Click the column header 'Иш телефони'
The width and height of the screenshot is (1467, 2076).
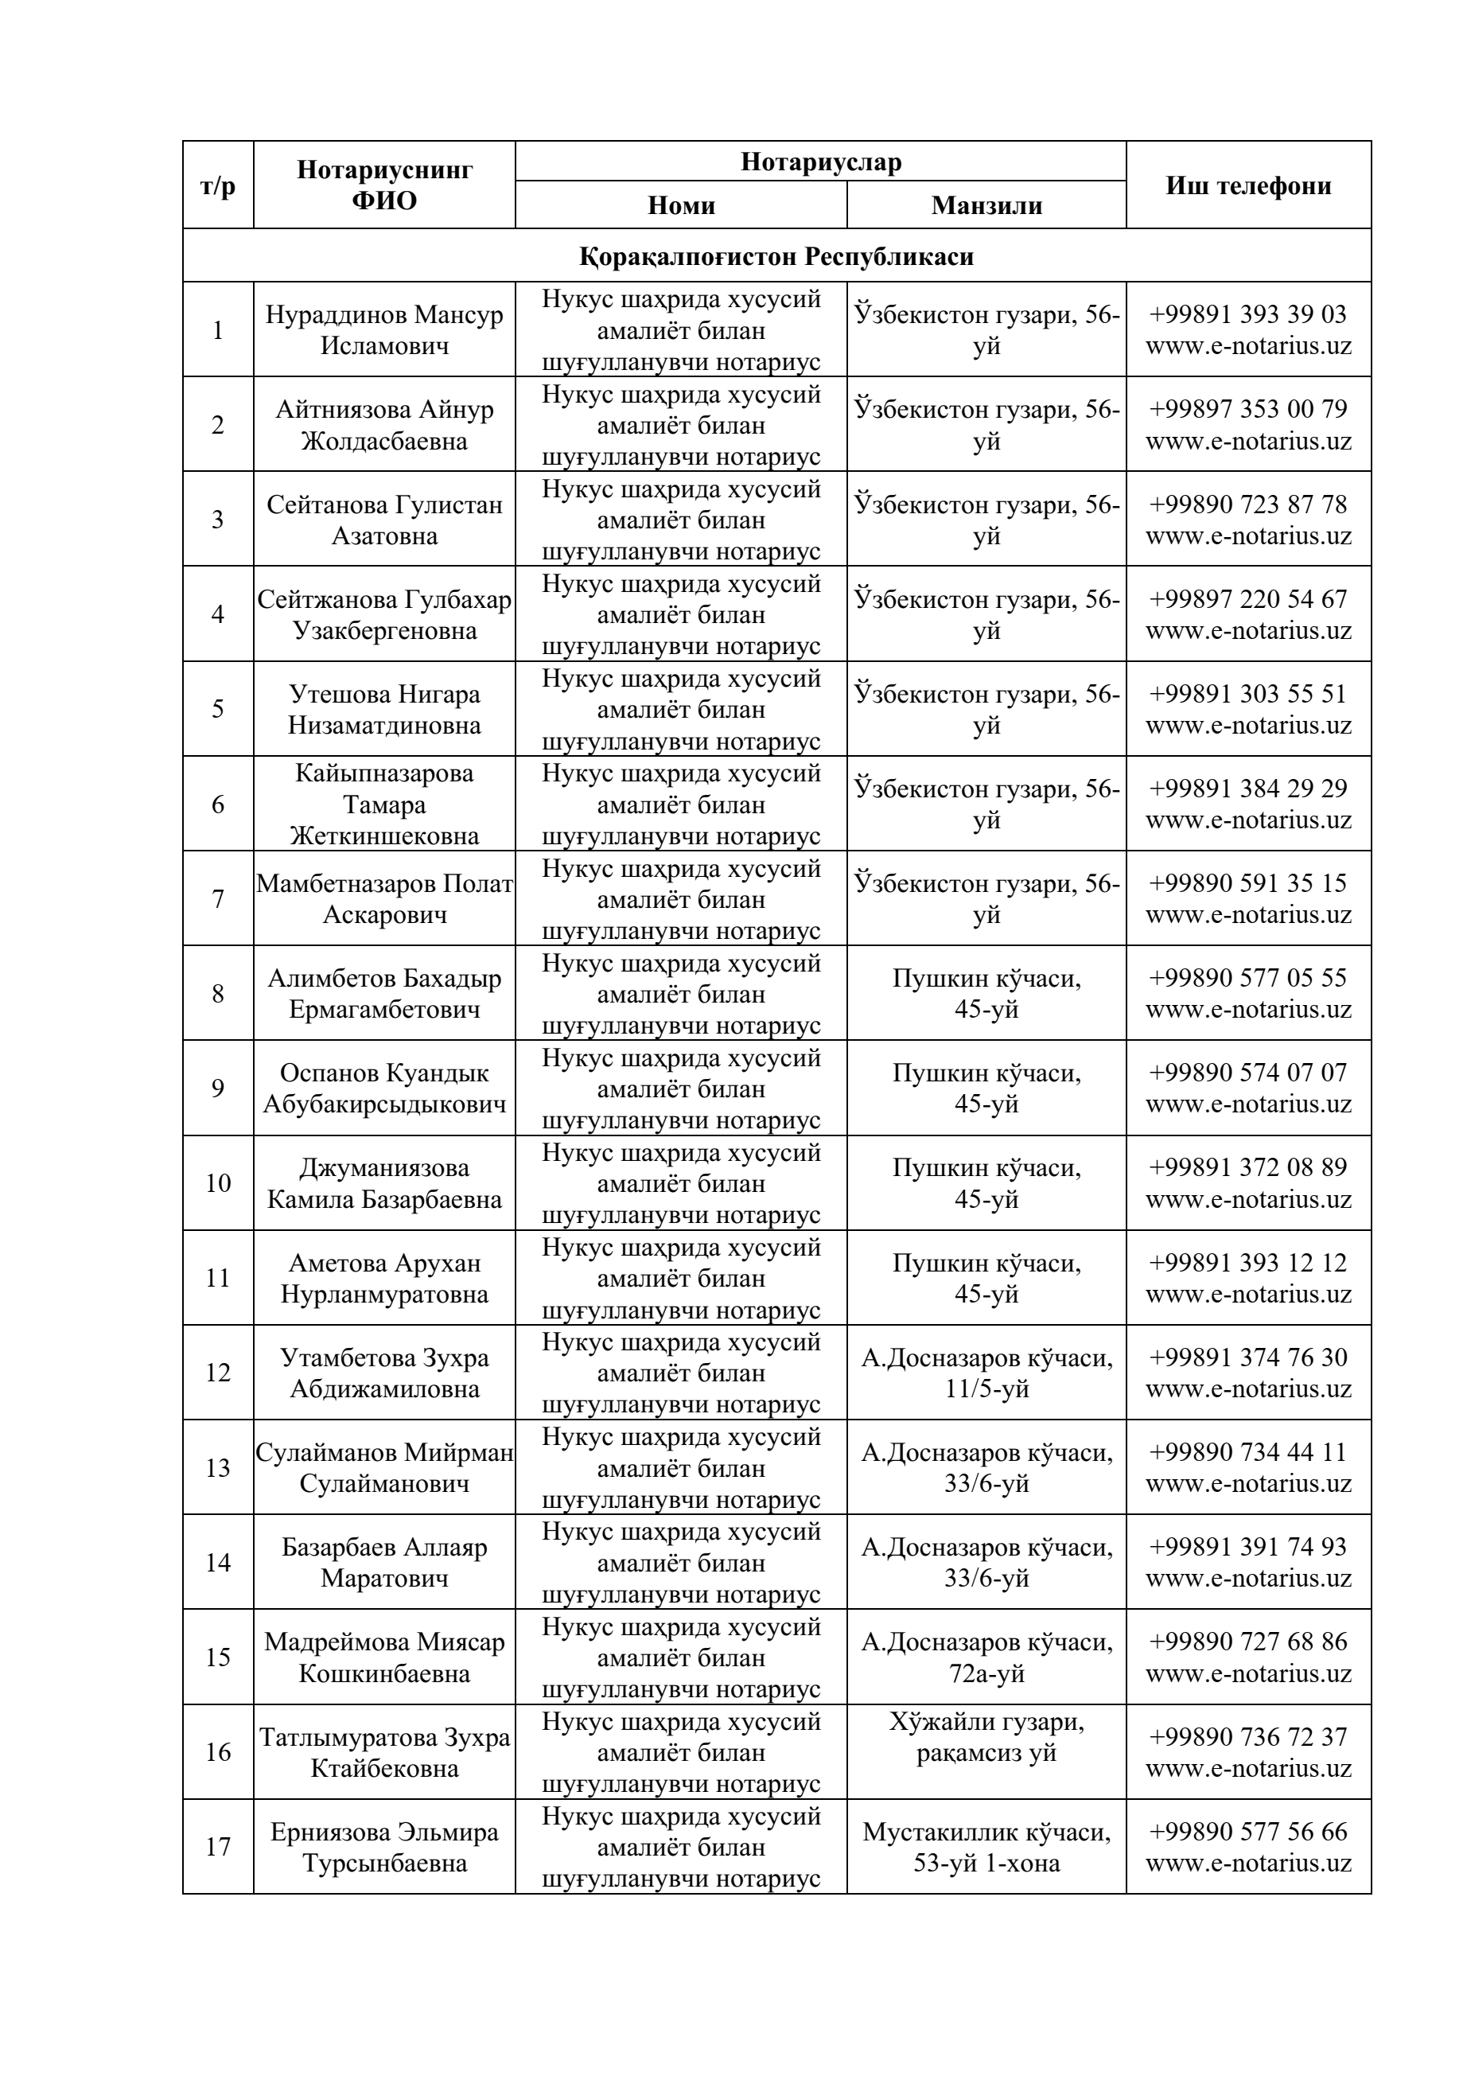click(1247, 185)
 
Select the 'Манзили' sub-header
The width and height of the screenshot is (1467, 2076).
click(986, 205)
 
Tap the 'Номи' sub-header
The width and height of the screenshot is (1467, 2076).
click(681, 205)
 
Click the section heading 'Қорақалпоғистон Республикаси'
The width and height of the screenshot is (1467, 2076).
click(776, 256)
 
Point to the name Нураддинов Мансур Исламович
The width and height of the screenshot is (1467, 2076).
click(384, 330)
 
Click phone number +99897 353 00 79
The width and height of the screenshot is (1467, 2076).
click(1247, 409)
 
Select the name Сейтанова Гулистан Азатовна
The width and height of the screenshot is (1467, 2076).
click(384, 520)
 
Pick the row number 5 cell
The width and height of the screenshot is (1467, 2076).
click(218, 709)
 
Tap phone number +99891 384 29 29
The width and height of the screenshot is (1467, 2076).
click(1247, 789)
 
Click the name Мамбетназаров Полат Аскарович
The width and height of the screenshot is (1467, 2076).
click(384, 899)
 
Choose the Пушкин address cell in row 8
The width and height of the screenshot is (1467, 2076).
click(986, 994)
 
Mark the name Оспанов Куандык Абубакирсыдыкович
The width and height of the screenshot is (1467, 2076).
click(384, 1089)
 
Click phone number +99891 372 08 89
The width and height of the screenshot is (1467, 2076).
click(1247, 1167)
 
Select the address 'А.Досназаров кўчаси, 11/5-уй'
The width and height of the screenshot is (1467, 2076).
click(986, 1373)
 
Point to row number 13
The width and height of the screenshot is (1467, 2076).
click(218, 1467)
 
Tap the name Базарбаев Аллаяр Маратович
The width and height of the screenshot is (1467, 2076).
click(384, 1563)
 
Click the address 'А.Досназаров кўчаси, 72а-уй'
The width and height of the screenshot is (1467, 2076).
click(986, 1657)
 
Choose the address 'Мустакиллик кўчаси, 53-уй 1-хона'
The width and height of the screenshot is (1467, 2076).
click(986, 1848)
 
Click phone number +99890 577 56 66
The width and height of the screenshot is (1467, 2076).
click(1247, 1831)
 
